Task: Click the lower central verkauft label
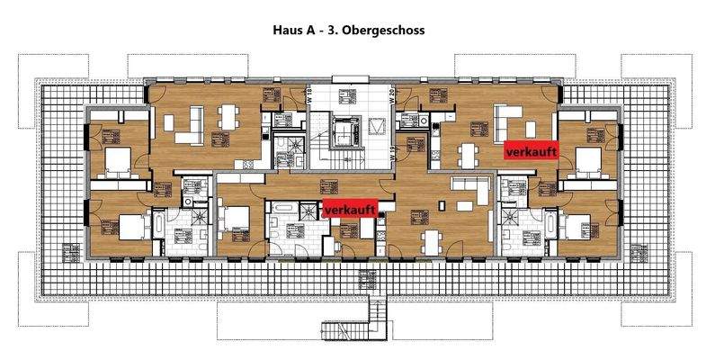click(x=349, y=210)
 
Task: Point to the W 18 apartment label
click(x=309, y=99)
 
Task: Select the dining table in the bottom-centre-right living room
click(x=430, y=239)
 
